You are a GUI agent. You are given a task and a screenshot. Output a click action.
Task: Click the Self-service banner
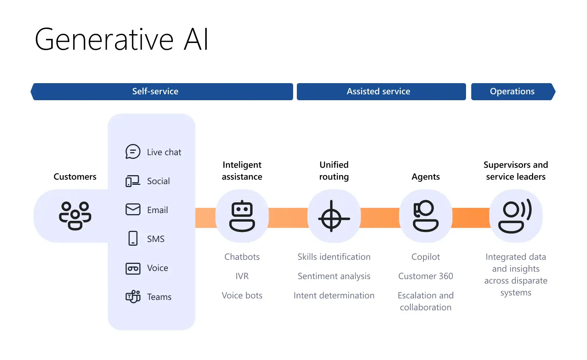(x=162, y=92)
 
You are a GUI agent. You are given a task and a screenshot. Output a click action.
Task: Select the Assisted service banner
(x=381, y=92)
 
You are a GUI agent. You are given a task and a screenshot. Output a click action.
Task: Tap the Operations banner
(x=513, y=92)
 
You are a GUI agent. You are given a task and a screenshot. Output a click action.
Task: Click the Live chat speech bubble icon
(x=133, y=151)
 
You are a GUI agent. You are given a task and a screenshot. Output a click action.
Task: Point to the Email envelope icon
(x=133, y=209)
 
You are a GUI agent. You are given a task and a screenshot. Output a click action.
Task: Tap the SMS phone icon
(x=133, y=238)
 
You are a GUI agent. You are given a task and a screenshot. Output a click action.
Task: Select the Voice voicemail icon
(x=133, y=268)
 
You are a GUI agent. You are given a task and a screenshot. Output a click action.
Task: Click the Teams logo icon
(x=133, y=297)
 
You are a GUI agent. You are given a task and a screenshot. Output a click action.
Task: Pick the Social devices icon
(x=132, y=181)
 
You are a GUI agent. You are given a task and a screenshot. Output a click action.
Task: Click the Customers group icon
(x=75, y=216)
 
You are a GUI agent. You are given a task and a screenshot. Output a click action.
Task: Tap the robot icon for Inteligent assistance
(x=242, y=216)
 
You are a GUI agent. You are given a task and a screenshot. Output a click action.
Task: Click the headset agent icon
(x=426, y=216)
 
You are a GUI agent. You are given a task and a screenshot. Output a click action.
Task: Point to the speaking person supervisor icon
(x=515, y=216)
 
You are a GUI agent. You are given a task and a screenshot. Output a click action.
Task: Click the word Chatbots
(x=242, y=257)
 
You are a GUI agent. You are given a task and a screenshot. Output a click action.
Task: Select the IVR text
(x=242, y=276)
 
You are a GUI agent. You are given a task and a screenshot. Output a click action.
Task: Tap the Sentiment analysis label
(x=334, y=276)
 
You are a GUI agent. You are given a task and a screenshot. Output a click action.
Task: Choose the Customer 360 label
(x=426, y=276)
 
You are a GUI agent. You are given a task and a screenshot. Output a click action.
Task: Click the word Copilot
(x=426, y=257)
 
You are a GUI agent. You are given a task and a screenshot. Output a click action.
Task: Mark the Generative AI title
(x=121, y=39)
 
